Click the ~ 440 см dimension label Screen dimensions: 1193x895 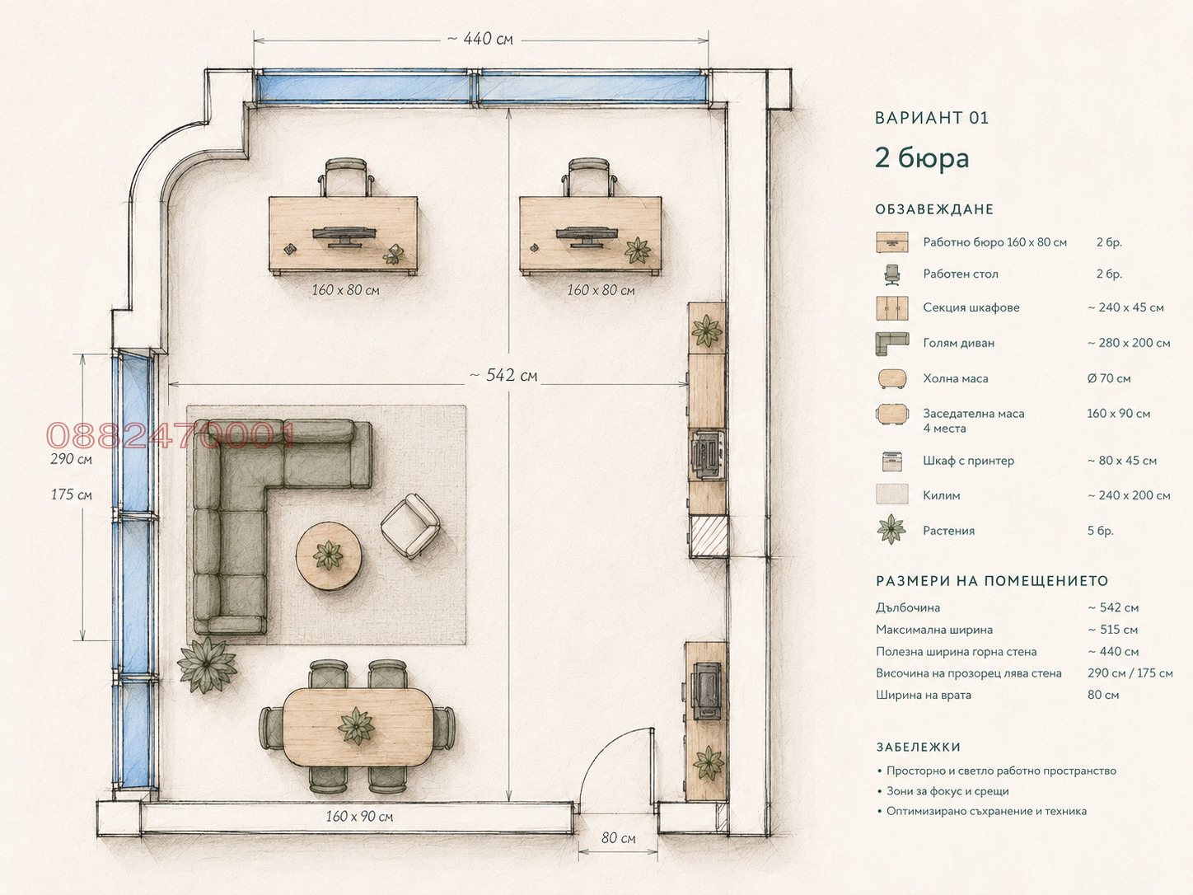pyautogui.click(x=480, y=39)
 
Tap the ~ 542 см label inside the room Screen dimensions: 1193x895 pyautogui.click(x=503, y=375)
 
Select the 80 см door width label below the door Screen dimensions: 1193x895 pyautogui.click(x=618, y=838)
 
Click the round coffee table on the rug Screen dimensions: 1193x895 pyautogui.click(x=329, y=555)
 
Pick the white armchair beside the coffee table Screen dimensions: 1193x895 pyautogui.click(x=409, y=526)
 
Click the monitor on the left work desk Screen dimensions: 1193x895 pyautogui.click(x=344, y=237)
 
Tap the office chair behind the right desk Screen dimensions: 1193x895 pyautogui.click(x=589, y=176)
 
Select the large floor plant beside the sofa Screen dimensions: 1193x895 pyautogui.click(x=207, y=664)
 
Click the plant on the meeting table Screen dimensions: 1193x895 pyautogui.click(x=356, y=725)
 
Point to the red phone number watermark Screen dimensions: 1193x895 pyautogui.click(x=170, y=436)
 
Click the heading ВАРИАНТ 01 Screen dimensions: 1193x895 pyautogui.click(x=932, y=118)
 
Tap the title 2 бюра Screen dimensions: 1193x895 pyautogui.click(x=922, y=158)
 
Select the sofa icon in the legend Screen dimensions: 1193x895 pyautogui.click(x=892, y=344)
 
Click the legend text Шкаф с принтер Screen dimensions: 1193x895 pyautogui.click(x=969, y=461)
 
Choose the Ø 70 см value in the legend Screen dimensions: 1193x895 pyautogui.click(x=1109, y=379)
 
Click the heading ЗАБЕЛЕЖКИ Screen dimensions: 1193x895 pyautogui.click(x=919, y=747)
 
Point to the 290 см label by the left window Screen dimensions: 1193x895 pyautogui.click(x=71, y=459)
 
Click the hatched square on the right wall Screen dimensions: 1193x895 pyautogui.click(x=709, y=537)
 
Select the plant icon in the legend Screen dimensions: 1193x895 pyautogui.click(x=891, y=529)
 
